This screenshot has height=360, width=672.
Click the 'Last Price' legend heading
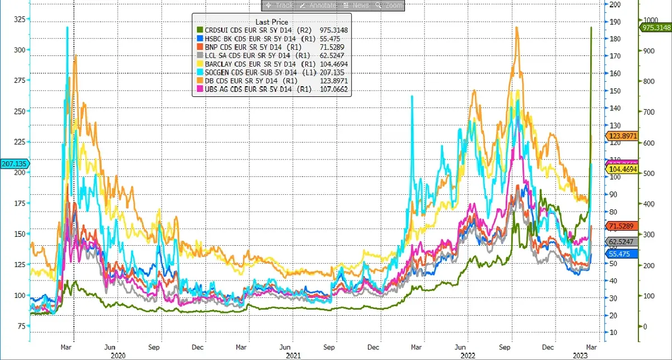tap(272, 22)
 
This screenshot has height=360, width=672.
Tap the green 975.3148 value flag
tap(656, 27)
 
